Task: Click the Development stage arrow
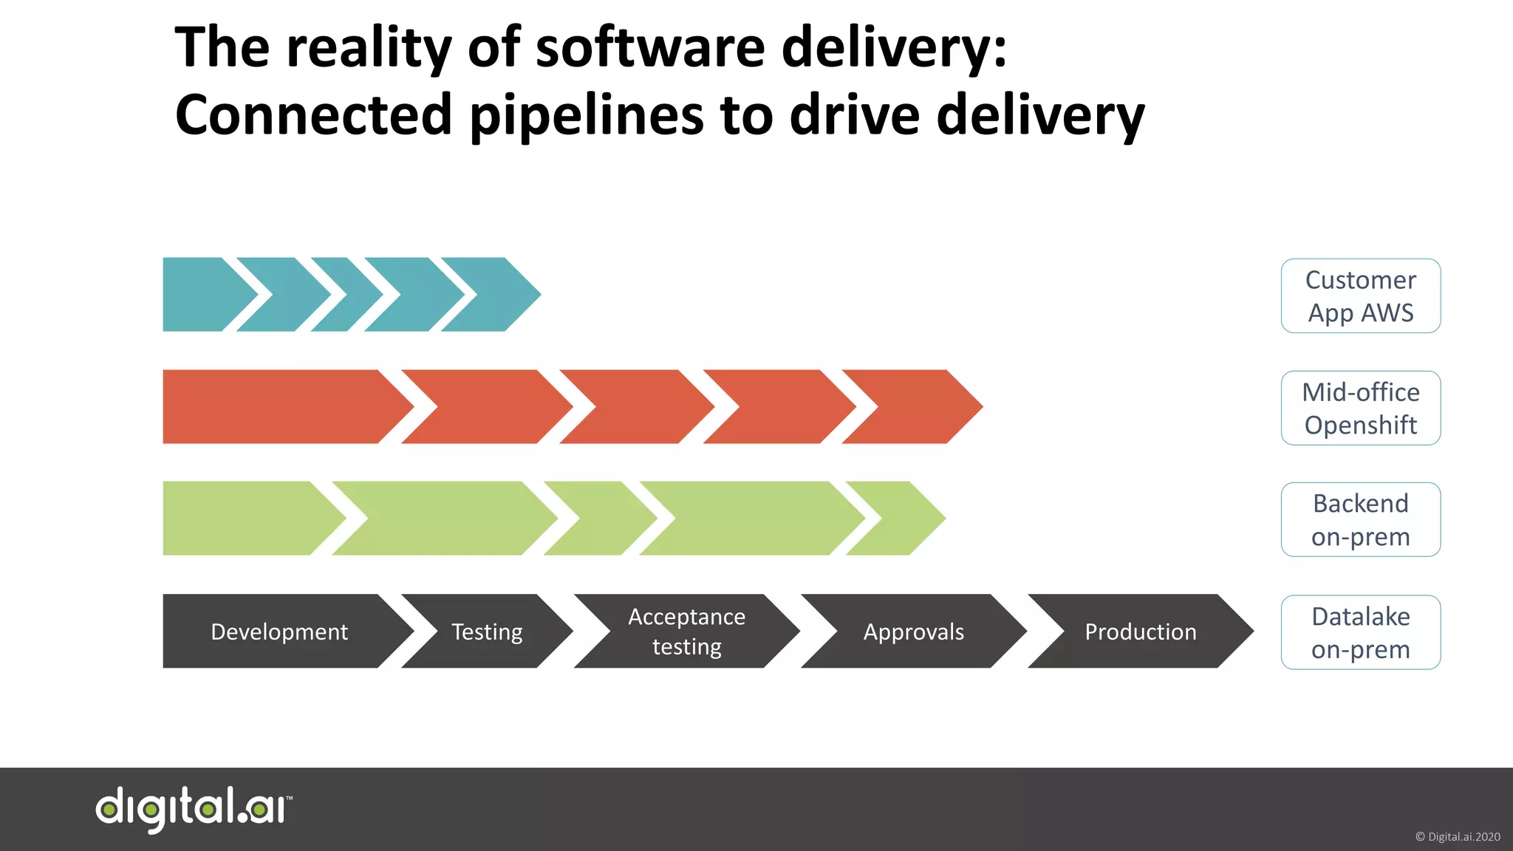pos(279,632)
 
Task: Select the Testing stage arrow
pos(487,632)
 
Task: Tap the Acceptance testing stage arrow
pos(686,632)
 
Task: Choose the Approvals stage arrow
pos(914,632)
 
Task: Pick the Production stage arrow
pos(1140,632)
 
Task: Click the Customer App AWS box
pos(1360,295)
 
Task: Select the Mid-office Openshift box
pos(1360,408)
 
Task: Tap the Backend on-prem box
pos(1360,519)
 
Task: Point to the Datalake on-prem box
pos(1360,632)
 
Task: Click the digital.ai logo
pos(194,809)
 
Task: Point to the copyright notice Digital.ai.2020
pos(1457,837)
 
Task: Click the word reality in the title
pos(369,48)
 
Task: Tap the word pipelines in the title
pos(587,117)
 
